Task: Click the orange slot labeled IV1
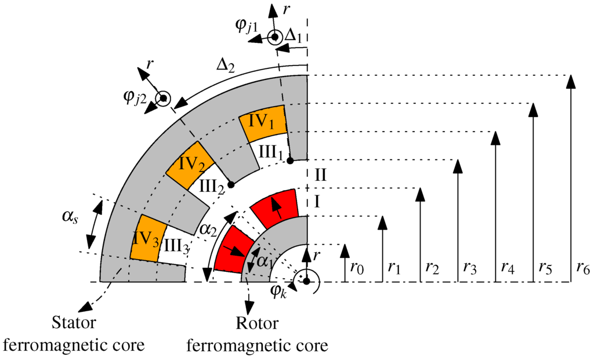262,123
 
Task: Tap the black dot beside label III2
231,184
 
